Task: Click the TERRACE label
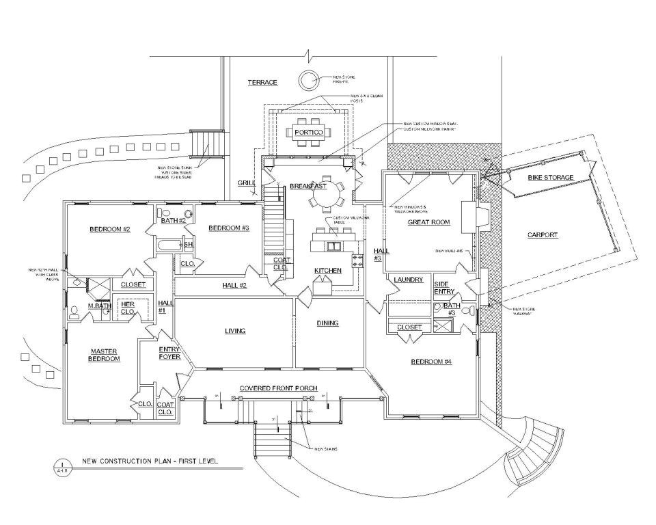pos(262,83)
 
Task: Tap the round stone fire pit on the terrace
pos(308,80)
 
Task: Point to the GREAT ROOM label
pos(428,222)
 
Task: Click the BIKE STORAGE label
pos(550,178)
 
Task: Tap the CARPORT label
pos(543,235)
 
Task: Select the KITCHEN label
pos(328,271)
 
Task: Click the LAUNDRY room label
pos(409,280)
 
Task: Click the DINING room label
pos(327,323)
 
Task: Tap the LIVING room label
pos(235,332)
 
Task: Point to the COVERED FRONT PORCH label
pos(278,388)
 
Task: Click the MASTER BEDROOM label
pos(105,355)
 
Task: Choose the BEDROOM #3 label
pos(229,228)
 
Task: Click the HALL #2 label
pos(234,285)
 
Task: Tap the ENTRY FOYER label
pos(169,353)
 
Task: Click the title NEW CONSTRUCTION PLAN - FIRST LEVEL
pos(150,461)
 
